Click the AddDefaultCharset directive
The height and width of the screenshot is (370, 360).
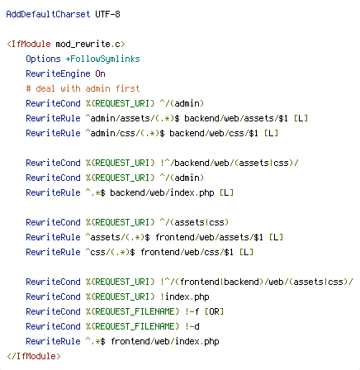(x=48, y=14)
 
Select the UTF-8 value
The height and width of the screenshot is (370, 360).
(x=107, y=14)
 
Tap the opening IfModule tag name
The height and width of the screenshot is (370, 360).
(x=31, y=44)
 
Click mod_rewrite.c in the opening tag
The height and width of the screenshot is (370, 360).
(x=88, y=44)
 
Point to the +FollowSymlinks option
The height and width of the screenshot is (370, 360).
(x=102, y=59)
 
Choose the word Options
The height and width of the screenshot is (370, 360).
(x=43, y=59)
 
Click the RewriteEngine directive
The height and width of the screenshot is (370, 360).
(x=58, y=74)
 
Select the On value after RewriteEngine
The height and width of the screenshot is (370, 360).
(x=100, y=74)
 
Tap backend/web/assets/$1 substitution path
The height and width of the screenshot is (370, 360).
(x=236, y=118)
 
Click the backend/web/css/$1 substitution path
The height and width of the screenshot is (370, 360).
(x=214, y=133)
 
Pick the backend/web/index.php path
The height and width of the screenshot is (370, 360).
(x=162, y=192)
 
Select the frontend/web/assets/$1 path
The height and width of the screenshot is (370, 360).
(x=209, y=237)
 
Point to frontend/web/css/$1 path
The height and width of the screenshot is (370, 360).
(x=187, y=252)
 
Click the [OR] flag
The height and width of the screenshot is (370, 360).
(x=214, y=311)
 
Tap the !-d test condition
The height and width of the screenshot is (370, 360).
(x=192, y=326)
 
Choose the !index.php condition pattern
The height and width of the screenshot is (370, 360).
(x=185, y=296)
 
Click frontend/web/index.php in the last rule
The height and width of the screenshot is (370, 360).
(x=165, y=341)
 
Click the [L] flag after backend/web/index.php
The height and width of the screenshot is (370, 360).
(x=226, y=192)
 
